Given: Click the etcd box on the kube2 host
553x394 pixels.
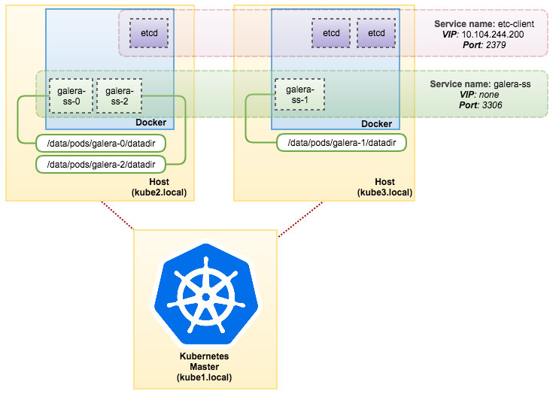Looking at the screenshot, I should point(149,34).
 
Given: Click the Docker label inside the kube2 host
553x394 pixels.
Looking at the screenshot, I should point(150,123).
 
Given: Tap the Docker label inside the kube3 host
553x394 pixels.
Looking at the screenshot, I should point(377,123).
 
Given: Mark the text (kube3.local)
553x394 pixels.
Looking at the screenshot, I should point(384,192).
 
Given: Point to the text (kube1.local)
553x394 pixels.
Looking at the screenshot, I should point(205,377).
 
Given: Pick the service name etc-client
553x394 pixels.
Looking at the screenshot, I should point(515,24).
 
